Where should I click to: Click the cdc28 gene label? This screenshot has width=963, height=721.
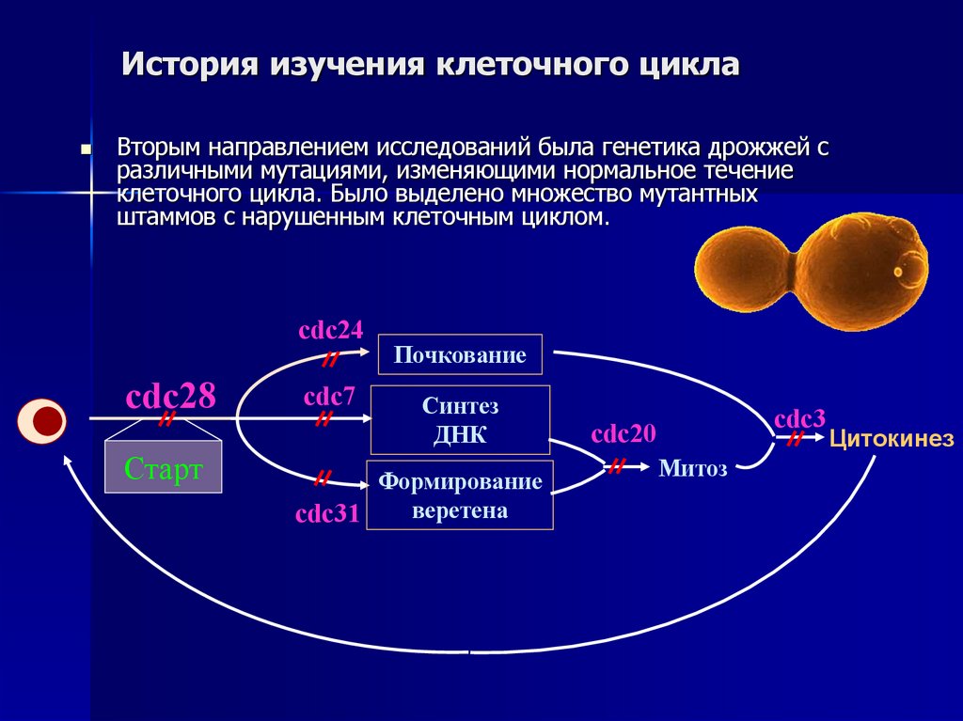point(171,397)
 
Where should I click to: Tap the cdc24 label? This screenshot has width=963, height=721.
point(330,331)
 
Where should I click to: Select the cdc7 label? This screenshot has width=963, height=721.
point(329,396)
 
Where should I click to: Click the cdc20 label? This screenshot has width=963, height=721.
point(624,434)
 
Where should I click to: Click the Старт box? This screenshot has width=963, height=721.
point(163,468)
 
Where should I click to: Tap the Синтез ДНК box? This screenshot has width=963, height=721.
point(460,419)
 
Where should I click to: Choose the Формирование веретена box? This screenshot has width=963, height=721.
point(460,495)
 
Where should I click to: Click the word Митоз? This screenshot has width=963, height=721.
point(693,469)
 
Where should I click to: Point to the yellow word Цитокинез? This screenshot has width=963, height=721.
point(891,438)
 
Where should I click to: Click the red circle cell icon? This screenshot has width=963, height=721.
point(42,420)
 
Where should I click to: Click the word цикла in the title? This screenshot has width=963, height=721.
point(687,66)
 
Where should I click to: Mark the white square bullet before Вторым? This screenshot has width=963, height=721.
point(87,149)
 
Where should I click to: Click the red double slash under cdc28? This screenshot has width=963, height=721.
point(166,419)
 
